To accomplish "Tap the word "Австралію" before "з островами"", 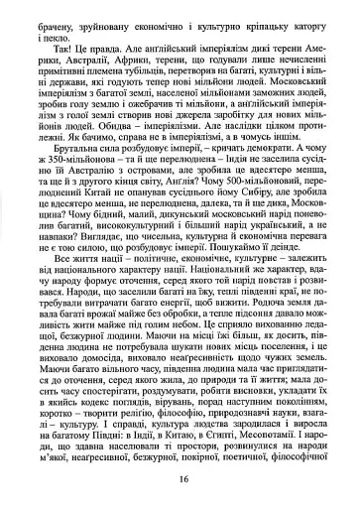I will pos(99,190).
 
